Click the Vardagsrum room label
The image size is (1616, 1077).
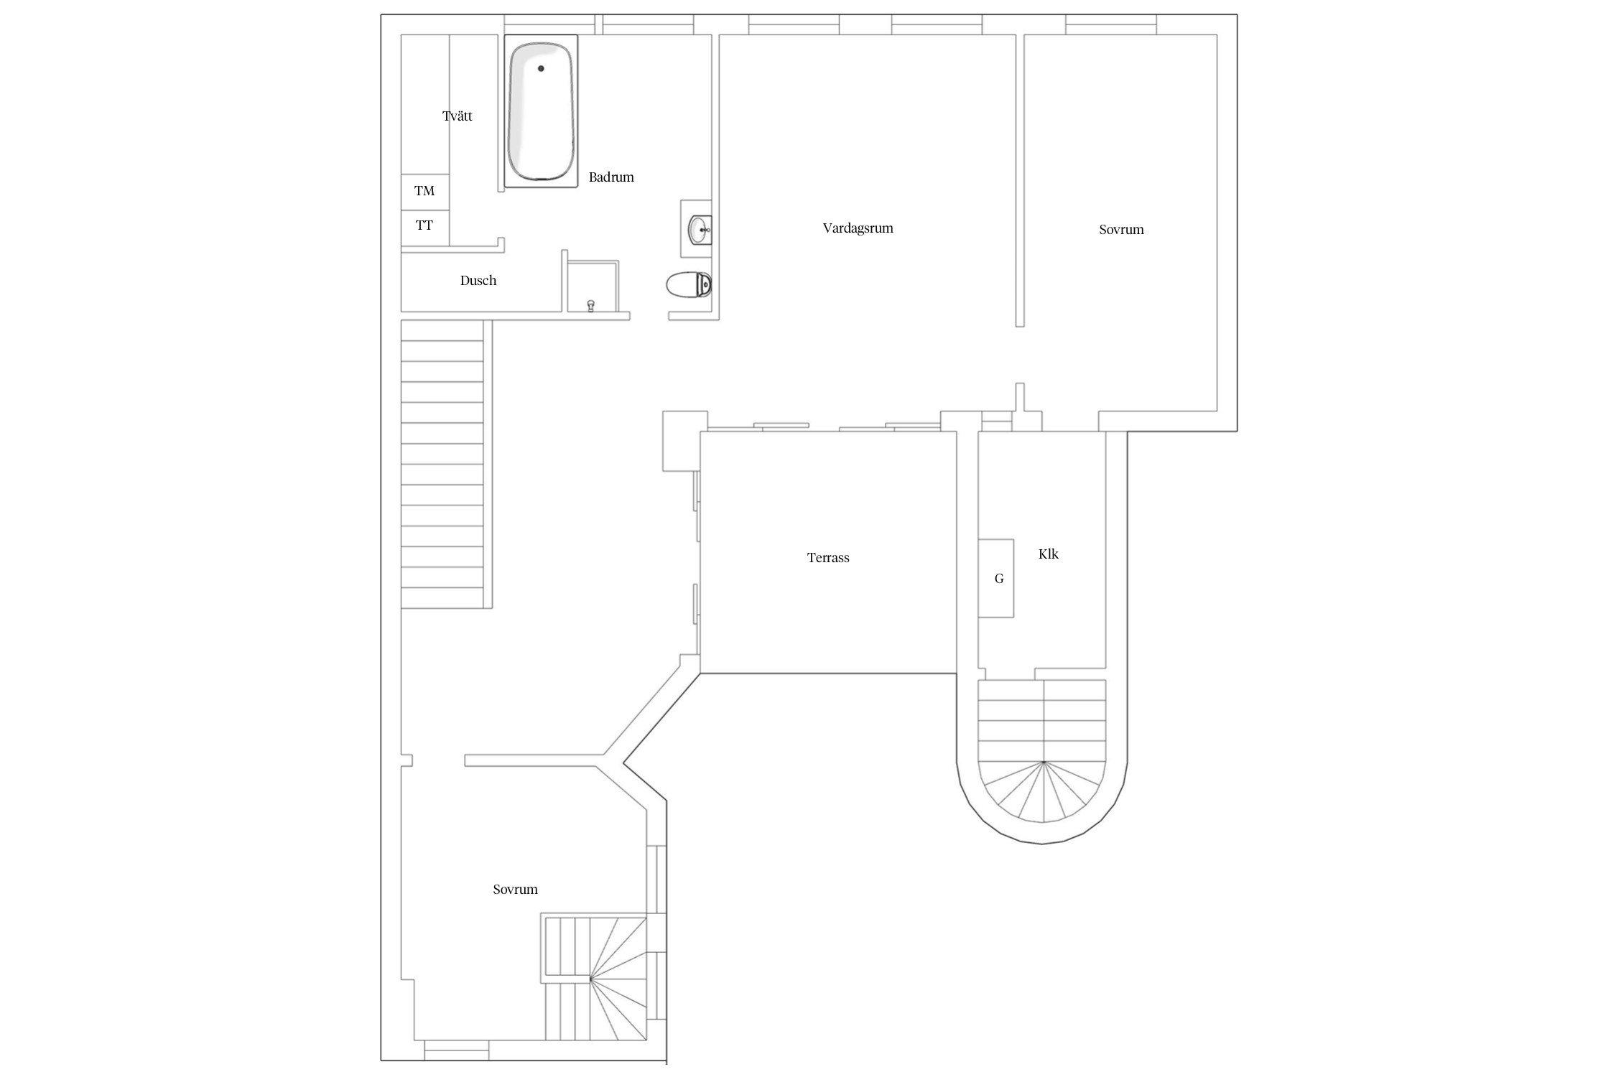coord(858,228)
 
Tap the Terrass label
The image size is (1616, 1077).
coord(828,557)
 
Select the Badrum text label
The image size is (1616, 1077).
coord(611,177)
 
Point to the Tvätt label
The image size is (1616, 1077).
coord(458,116)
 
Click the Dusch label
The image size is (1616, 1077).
coord(478,280)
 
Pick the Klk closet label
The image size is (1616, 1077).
coord(1049,554)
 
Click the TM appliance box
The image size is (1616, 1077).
coord(425,192)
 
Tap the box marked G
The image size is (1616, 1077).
coord(996,578)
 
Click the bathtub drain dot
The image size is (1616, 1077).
coord(541,68)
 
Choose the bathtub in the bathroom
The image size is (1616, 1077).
coord(541,111)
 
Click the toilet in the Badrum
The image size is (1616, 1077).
coord(689,285)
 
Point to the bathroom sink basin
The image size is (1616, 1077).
coord(700,230)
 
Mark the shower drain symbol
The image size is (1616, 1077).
coord(591,306)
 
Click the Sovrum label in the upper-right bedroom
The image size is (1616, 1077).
coord(1121,230)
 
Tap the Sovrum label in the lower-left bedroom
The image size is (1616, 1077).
coord(515,889)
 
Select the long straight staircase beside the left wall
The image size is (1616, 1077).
coord(442,464)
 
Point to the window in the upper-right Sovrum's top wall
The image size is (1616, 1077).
coord(1110,24)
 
